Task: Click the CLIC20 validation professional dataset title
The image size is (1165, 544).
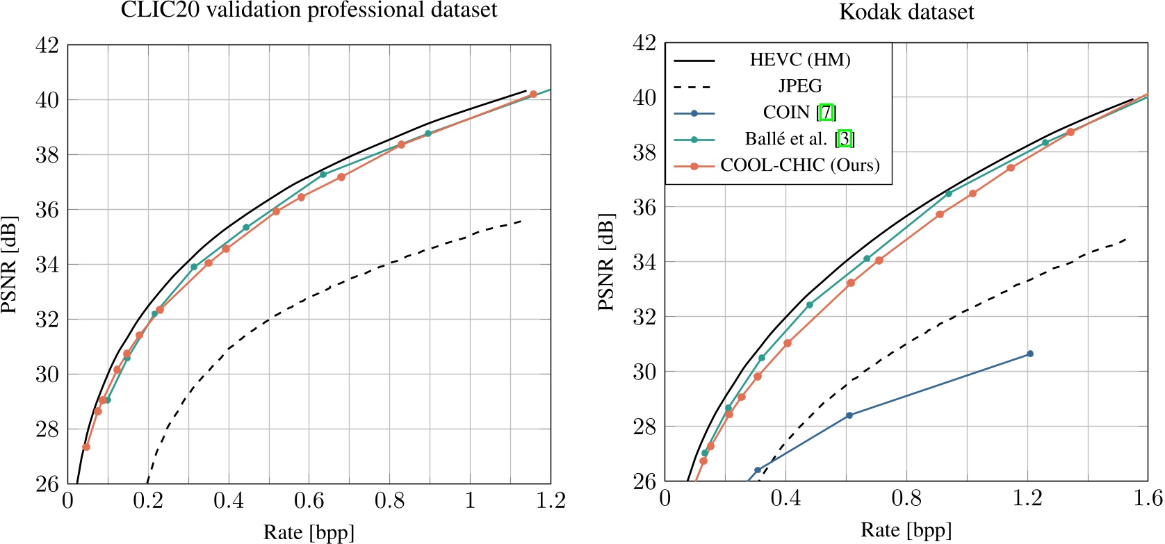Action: click(x=309, y=10)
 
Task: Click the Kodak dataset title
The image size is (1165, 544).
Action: click(x=906, y=12)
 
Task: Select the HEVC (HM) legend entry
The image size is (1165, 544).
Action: click(x=799, y=60)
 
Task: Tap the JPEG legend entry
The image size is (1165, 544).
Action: click(x=799, y=86)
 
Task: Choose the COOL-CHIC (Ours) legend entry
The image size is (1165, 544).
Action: click(x=799, y=165)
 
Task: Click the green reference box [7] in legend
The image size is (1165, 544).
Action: click(x=826, y=113)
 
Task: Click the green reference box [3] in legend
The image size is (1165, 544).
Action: click(x=845, y=139)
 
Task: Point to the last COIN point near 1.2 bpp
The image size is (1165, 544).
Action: click(x=1029, y=354)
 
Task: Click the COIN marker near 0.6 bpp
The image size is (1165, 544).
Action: click(x=849, y=415)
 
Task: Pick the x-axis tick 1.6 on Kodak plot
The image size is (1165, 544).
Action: click(x=1148, y=498)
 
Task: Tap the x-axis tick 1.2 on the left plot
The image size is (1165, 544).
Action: click(x=551, y=500)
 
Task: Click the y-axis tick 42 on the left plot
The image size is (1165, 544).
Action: click(x=47, y=45)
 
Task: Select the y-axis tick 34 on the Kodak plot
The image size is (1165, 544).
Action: click(x=645, y=262)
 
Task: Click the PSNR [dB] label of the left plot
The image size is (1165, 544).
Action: click(x=9, y=264)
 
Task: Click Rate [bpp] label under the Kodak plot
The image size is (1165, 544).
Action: click(x=906, y=530)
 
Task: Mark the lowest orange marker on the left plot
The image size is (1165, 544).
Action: click(x=86, y=447)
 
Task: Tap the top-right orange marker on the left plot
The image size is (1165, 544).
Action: click(x=533, y=94)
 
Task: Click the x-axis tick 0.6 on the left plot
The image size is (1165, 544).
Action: click(x=309, y=500)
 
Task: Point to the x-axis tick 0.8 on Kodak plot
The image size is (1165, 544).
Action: click(x=906, y=498)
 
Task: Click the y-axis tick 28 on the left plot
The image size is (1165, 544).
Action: click(x=47, y=429)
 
